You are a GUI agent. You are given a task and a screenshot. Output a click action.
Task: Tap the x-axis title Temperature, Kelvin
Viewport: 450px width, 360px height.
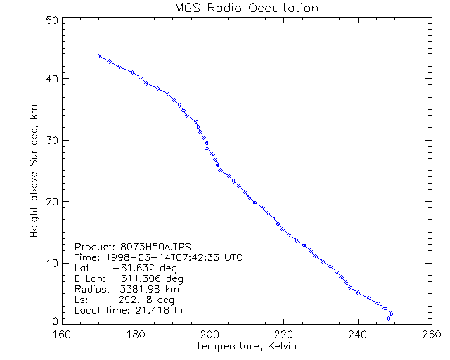(246, 347)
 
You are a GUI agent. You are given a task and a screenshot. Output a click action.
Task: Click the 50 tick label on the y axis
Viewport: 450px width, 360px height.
(50, 20)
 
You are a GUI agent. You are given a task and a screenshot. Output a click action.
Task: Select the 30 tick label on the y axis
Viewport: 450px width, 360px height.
(50, 140)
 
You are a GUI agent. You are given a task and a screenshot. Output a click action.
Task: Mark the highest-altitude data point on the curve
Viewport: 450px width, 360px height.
(99, 56)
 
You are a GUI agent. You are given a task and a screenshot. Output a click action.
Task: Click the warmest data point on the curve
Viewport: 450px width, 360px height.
(392, 314)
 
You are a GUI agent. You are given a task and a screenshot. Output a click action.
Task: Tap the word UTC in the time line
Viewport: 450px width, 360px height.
(233, 257)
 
